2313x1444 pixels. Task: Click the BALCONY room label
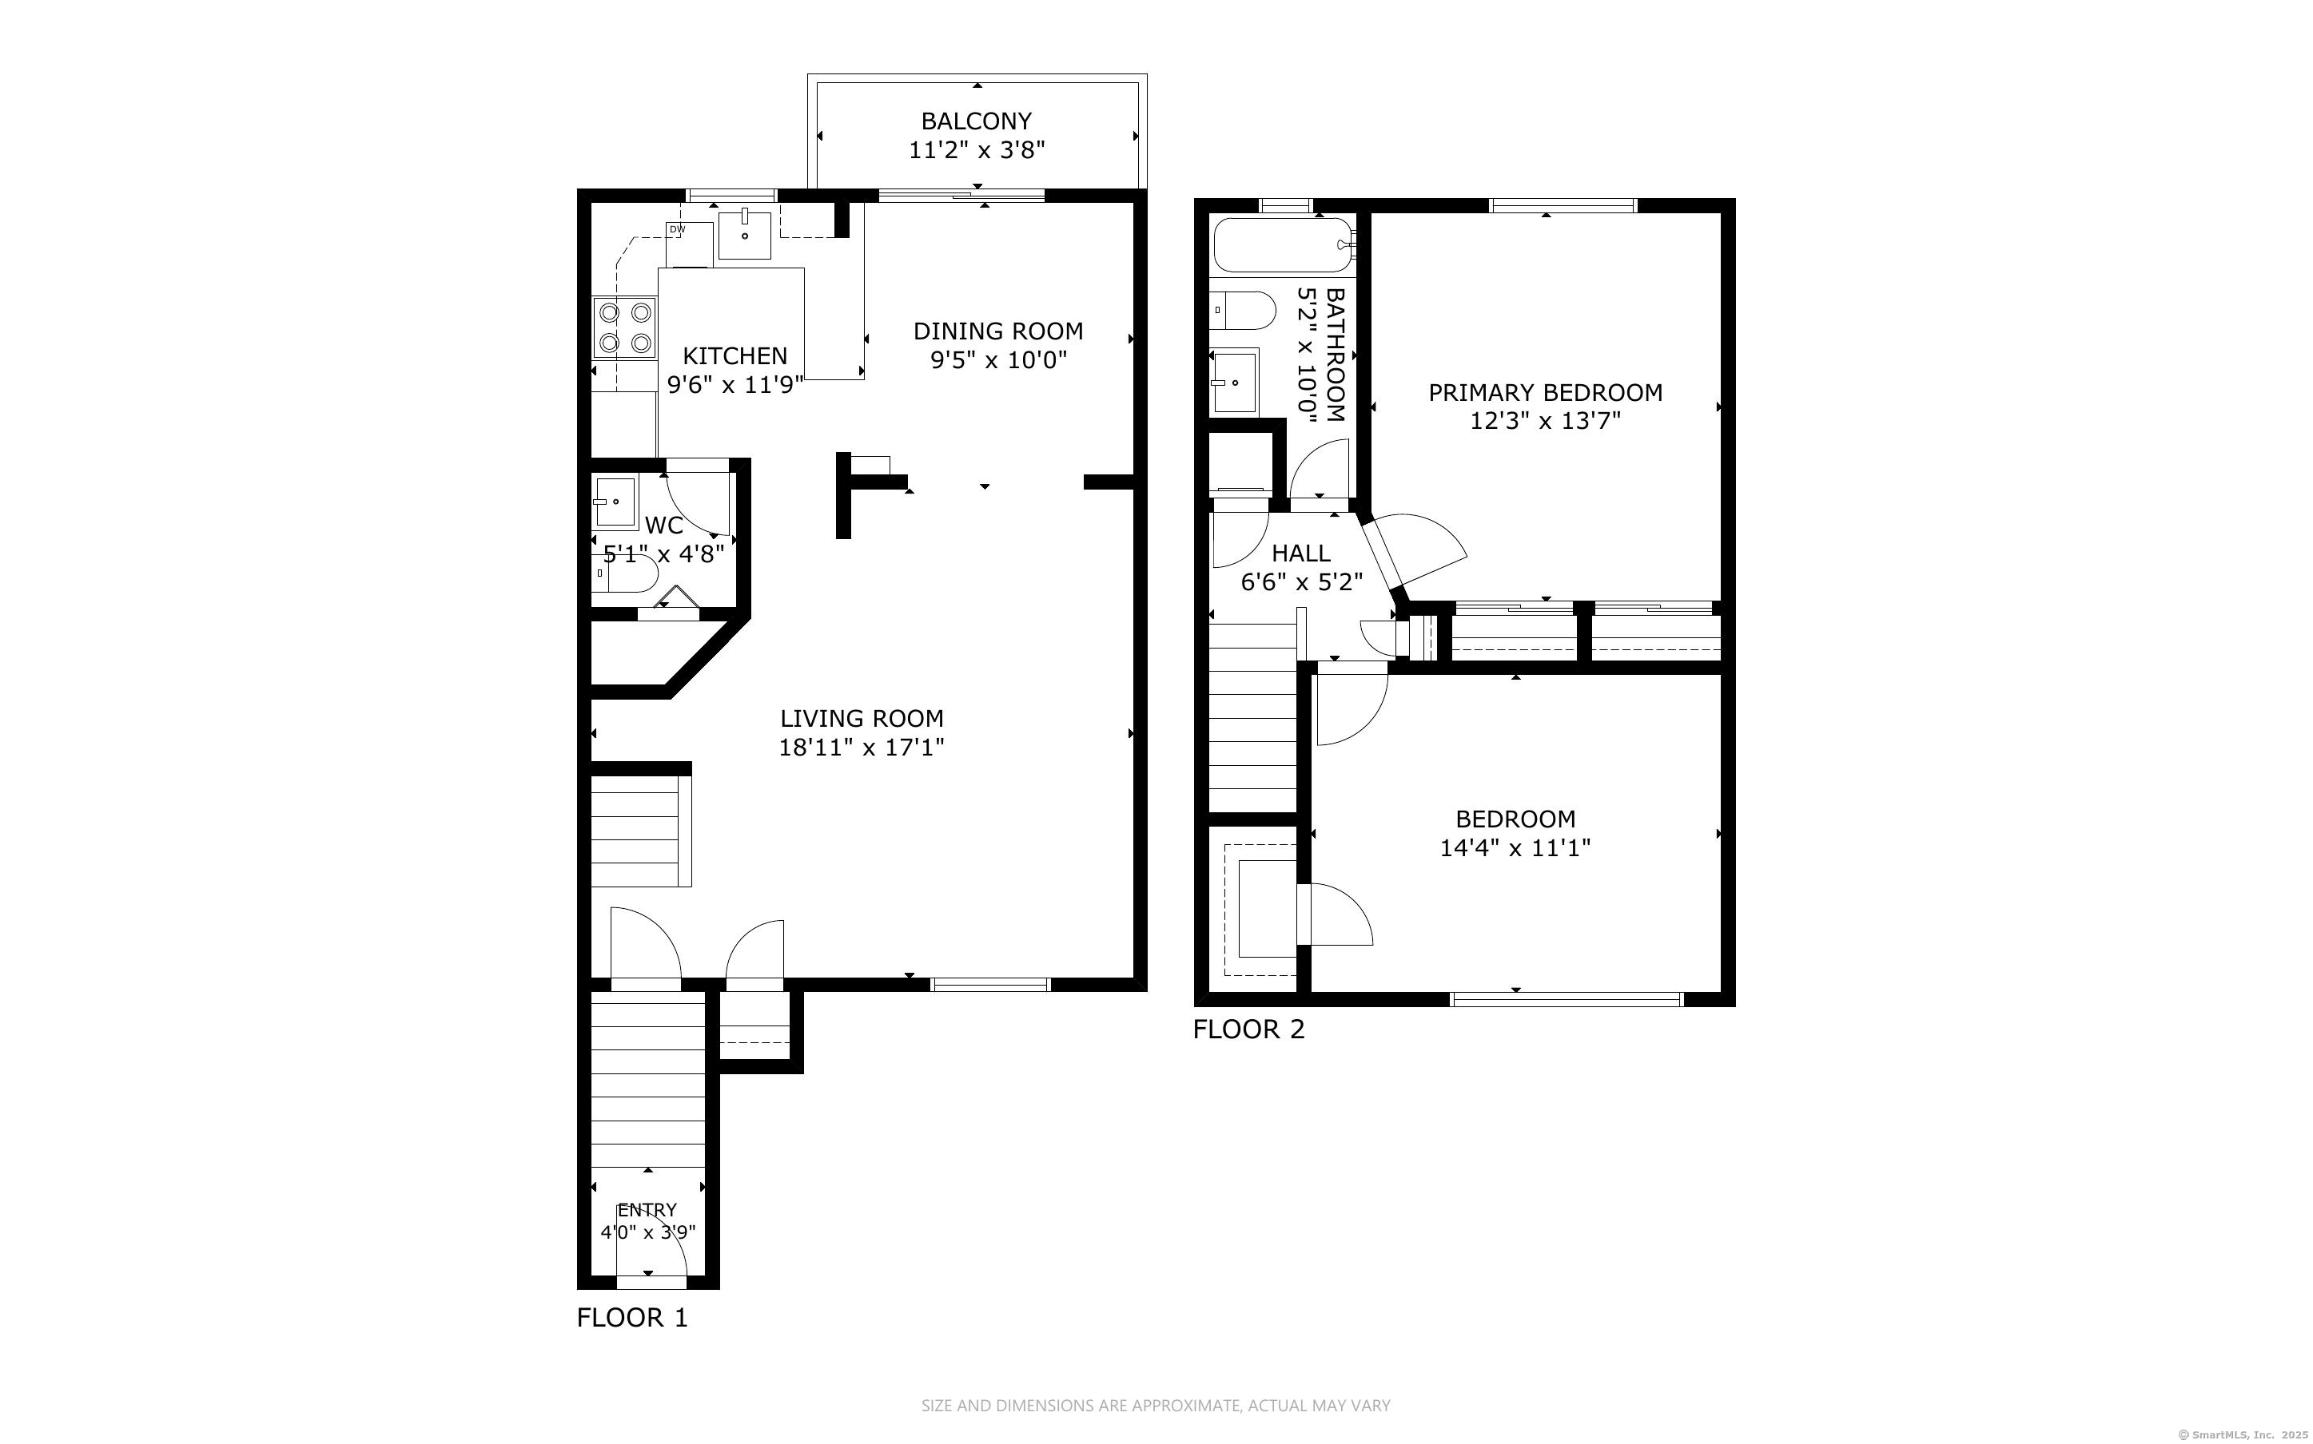[x=977, y=121]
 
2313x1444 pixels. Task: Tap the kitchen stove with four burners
[x=625, y=327]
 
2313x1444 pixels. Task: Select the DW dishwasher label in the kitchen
[x=676, y=229]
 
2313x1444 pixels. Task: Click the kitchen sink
[x=744, y=235]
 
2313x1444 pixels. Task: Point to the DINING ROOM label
[x=998, y=331]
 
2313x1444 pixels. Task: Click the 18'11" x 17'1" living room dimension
[x=862, y=747]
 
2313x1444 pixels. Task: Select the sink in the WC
[x=615, y=502]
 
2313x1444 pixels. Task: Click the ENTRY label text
[x=647, y=1210]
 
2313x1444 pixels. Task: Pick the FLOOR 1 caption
[x=632, y=1318]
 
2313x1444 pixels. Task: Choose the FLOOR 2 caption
[x=1248, y=1029]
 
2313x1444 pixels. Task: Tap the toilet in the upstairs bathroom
[x=1243, y=311]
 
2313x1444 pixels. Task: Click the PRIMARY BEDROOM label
[x=1545, y=392]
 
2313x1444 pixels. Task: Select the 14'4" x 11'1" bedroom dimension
[x=1515, y=848]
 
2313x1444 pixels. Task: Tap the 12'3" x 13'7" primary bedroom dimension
[x=1545, y=421]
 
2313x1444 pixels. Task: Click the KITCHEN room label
[x=735, y=356]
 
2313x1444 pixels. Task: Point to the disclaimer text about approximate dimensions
[x=1156, y=1406]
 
